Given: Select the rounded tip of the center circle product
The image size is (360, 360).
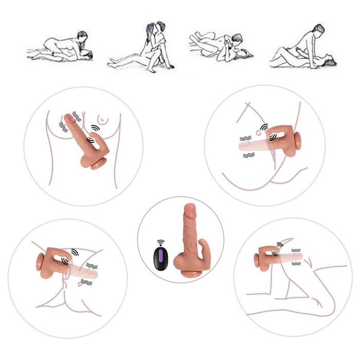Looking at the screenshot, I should coord(189,209).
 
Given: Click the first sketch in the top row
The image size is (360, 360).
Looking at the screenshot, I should coord(61,47).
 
